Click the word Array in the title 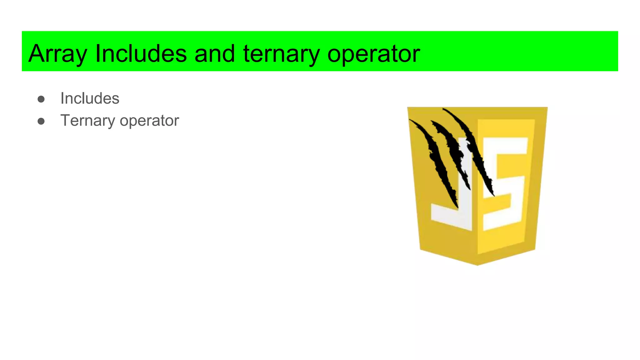[x=57, y=54]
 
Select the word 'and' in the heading [x=214, y=54]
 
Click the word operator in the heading [x=373, y=54]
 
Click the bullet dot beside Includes [x=41, y=99]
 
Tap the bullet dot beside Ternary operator [x=41, y=121]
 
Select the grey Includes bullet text [x=90, y=98]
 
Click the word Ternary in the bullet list [x=87, y=121]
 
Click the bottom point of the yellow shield [x=477, y=264]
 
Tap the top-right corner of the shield [x=546, y=108]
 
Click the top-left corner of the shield [x=408, y=108]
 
